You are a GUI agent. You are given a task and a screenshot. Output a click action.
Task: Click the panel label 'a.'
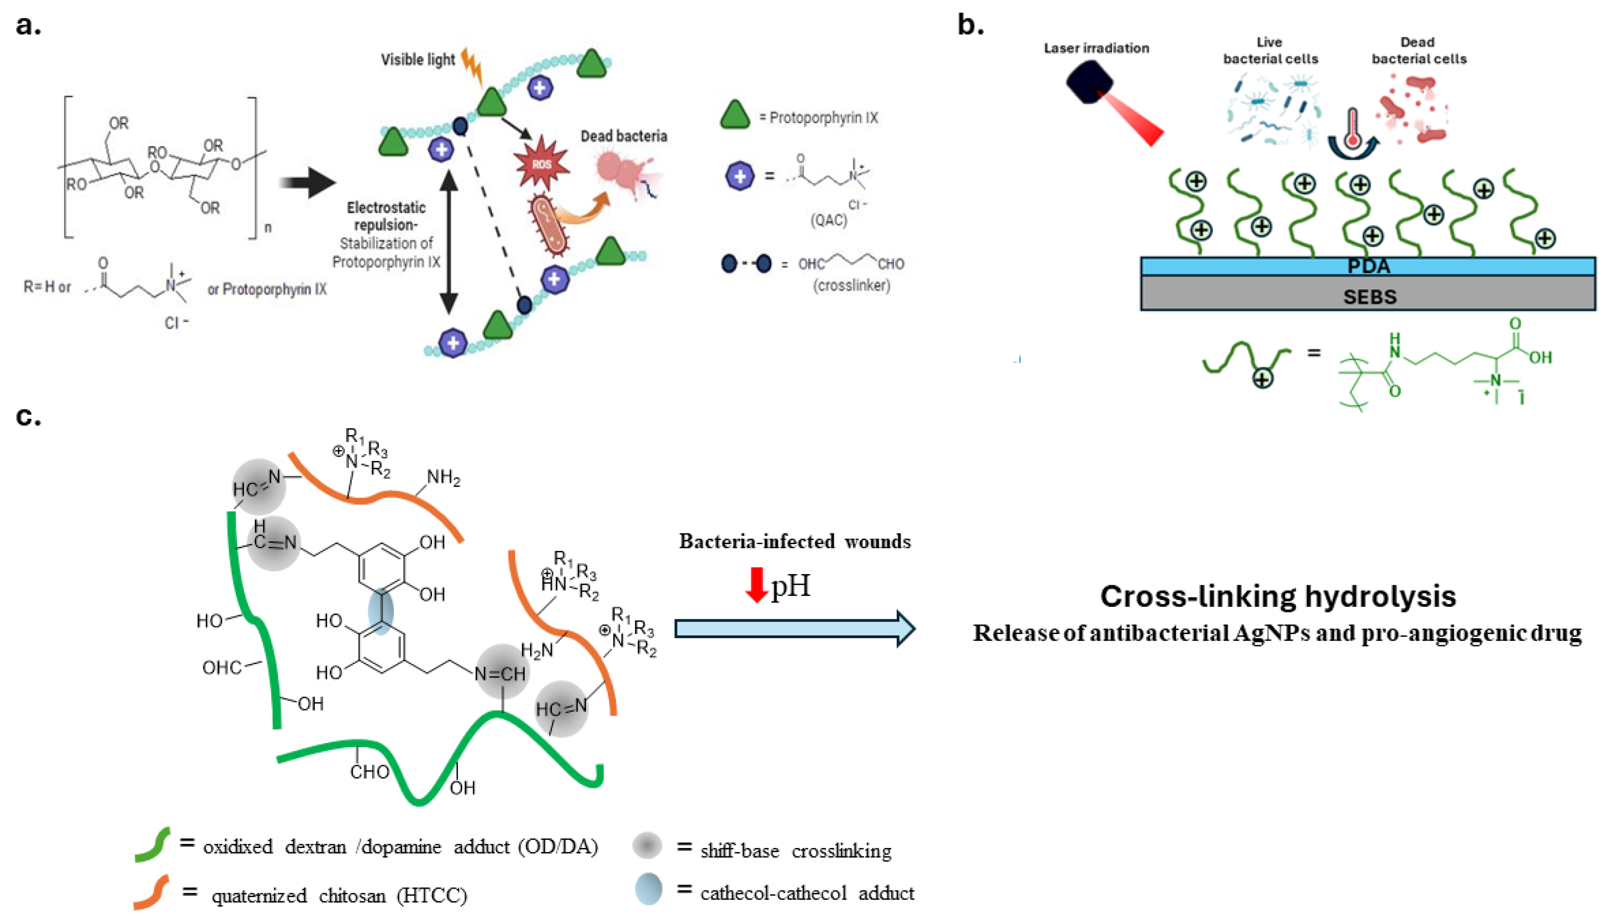pyautogui.click(x=29, y=26)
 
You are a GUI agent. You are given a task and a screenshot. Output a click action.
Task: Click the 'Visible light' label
pyautogui.click(x=417, y=60)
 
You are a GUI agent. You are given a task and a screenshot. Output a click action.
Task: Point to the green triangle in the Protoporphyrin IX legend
pyautogui.click(x=735, y=115)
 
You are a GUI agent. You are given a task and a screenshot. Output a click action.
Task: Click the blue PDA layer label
pyautogui.click(x=1369, y=266)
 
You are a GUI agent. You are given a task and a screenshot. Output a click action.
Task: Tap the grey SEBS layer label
pyautogui.click(x=1369, y=296)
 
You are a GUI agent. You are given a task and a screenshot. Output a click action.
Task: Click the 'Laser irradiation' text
pyautogui.click(x=1096, y=48)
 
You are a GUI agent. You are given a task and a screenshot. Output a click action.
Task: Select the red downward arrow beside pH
pyautogui.click(x=756, y=584)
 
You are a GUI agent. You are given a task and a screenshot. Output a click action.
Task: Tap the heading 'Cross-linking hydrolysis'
pyautogui.click(x=1278, y=596)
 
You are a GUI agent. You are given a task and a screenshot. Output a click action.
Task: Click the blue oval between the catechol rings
pyautogui.click(x=381, y=612)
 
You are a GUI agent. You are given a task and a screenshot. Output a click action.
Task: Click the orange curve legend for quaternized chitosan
pyautogui.click(x=152, y=892)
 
